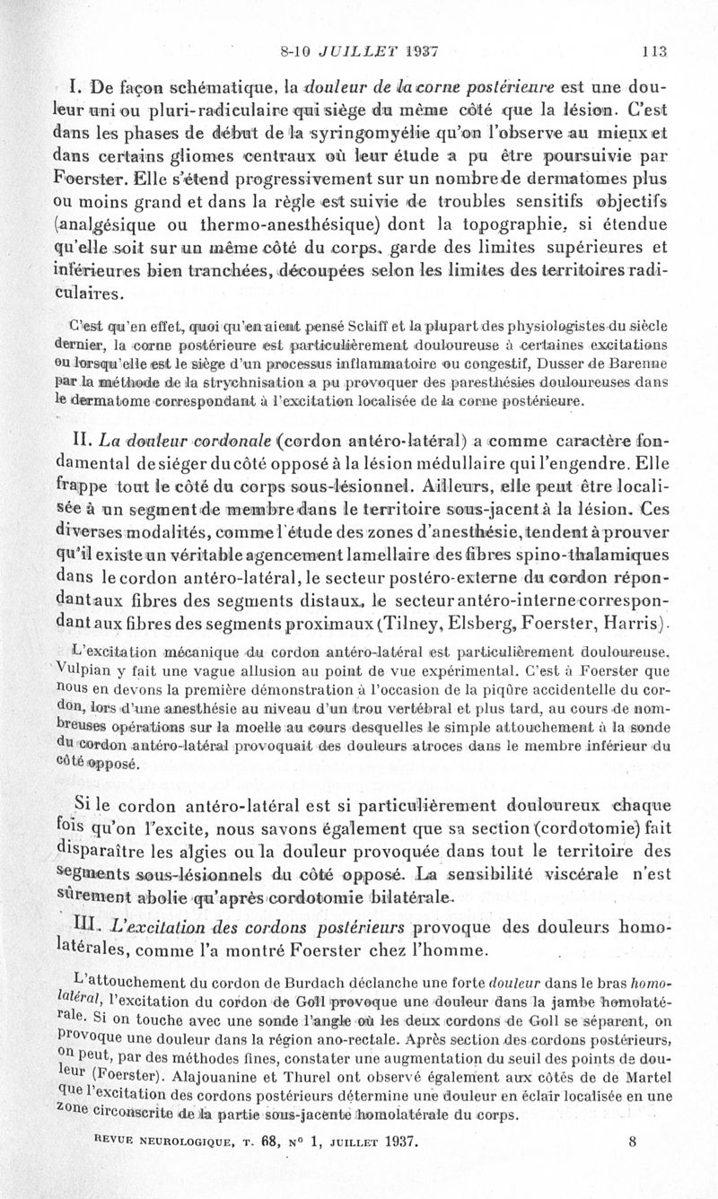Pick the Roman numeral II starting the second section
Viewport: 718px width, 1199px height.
tap(101, 439)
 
